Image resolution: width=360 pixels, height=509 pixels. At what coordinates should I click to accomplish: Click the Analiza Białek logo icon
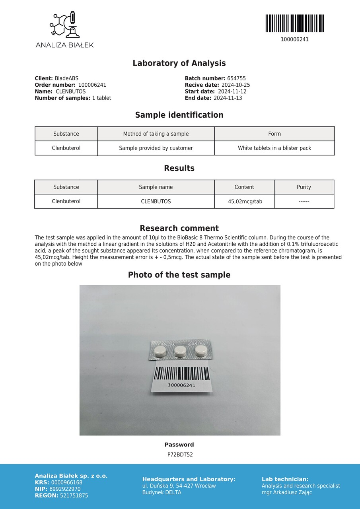click(x=64, y=25)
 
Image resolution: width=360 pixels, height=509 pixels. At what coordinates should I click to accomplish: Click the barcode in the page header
click(x=294, y=23)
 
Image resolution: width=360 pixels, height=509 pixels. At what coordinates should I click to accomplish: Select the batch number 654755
click(x=236, y=79)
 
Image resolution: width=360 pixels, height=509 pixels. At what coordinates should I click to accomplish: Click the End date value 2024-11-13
click(x=228, y=98)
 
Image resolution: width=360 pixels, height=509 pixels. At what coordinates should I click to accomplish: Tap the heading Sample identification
click(x=179, y=115)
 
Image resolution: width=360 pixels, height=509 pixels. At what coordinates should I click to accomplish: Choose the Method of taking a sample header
click(x=156, y=134)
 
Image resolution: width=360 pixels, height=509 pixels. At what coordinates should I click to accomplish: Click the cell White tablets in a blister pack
click(x=274, y=148)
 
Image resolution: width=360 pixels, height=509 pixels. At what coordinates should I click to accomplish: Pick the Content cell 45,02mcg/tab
click(x=245, y=201)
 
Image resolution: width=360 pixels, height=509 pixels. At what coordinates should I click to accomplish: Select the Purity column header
click(x=304, y=187)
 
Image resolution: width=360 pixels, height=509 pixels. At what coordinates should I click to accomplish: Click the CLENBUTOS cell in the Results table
click(x=156, y=201)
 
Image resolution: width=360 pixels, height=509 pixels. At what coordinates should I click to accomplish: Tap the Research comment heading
click(x=179, y=228)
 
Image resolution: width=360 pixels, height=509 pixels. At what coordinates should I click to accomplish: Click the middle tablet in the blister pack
click(x=180, y=350)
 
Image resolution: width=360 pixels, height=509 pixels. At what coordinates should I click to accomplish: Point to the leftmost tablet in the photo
click(x=160, y=351)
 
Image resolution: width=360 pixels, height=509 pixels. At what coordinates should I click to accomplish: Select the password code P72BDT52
click(x=180, y=455)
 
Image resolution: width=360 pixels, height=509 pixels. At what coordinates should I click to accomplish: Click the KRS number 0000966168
click(x=66, y=482)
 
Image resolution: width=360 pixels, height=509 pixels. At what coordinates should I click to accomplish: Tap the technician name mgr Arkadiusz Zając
click(x=286, y=492)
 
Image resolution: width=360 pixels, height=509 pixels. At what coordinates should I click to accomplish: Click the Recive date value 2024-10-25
click(x=235, y=85)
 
